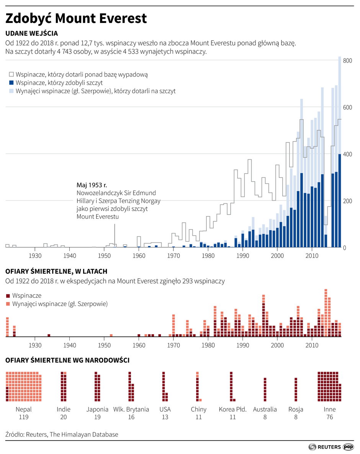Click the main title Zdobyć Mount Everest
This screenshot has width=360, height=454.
pos(76,18)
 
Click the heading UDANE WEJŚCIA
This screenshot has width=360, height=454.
pos(31,33)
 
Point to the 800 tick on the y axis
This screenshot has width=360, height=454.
pos(347,61)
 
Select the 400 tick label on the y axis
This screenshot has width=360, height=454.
pos(347,154)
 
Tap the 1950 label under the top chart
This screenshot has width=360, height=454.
pos(104,255)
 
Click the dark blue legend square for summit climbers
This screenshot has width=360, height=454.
pos(11,82)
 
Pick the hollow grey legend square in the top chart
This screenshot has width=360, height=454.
pos(11,74)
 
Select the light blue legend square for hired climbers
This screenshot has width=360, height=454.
pos(11,91)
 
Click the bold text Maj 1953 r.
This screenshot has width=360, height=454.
pos(92,185)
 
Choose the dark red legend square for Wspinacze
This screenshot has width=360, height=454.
pos(8,296)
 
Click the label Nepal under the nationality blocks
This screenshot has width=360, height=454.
pos(24,409)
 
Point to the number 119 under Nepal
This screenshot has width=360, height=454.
pos(24,417)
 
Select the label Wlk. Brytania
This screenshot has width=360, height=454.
pos(131,409)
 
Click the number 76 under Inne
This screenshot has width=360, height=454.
pos(329,417)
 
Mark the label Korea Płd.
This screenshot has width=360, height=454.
pos(232,409)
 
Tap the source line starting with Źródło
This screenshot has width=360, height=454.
pos(62,434)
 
